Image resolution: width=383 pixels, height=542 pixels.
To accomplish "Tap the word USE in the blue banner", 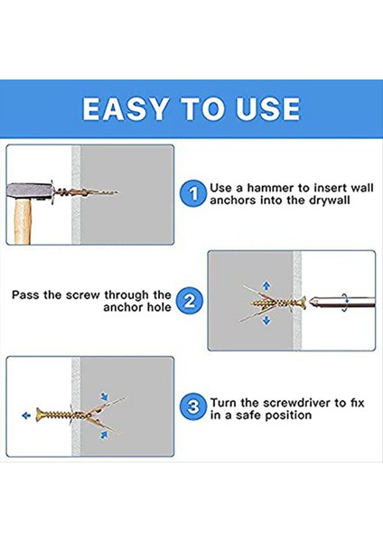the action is [268, 109].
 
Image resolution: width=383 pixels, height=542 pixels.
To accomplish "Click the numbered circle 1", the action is [193, 193].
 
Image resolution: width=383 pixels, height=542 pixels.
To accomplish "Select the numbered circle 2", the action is [189, 301].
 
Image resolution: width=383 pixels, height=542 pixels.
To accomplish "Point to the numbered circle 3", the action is [193, 406].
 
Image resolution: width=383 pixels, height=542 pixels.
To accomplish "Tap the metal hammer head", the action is [31, 192].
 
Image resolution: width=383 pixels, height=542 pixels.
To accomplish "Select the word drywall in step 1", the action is [330, 201].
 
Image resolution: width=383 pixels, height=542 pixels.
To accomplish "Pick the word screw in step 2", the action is [83, 294].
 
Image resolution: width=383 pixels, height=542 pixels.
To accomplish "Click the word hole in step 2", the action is [159, 307].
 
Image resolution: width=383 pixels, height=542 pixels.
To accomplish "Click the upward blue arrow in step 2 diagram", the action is [266, 285].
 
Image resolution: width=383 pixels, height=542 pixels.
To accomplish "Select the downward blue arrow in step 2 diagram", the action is [266, 321].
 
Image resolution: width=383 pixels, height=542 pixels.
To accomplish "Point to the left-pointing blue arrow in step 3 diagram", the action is [26, 416].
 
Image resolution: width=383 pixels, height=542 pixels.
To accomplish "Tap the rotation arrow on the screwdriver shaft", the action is [345, 303].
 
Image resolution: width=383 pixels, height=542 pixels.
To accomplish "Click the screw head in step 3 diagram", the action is [39, 414].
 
